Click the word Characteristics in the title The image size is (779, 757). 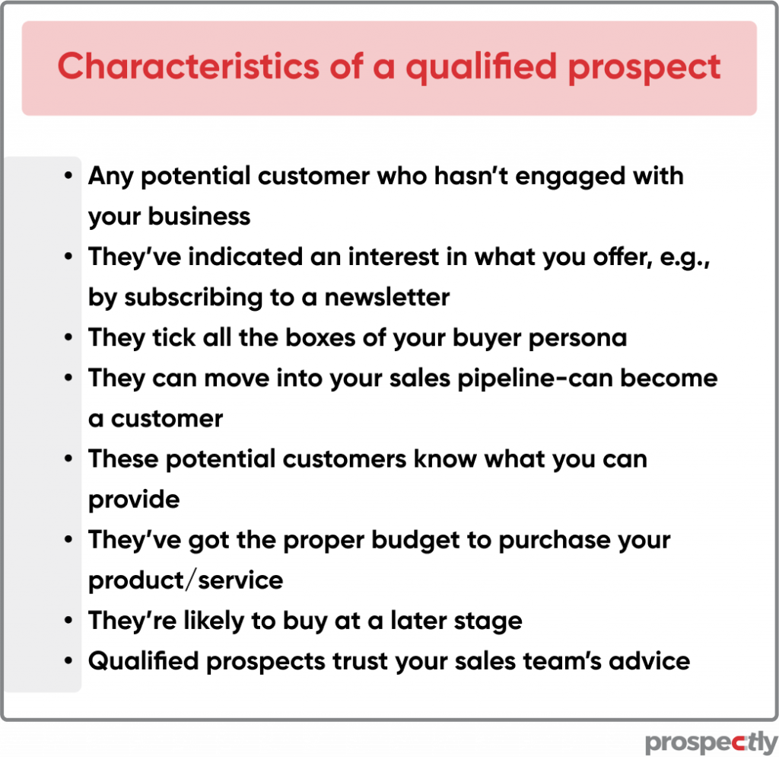tap(189, 66)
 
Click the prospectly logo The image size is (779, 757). tap(711, 743)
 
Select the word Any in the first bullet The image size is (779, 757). tap(111, 177)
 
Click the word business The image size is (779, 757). tap(199, 216)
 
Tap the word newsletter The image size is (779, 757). tap(387, 298)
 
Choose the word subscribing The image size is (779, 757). tap(193, 299)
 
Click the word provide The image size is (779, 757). tap(134, 500)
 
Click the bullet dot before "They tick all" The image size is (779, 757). tap(68, 337)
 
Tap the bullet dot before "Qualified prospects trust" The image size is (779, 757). tap(68, 661)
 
